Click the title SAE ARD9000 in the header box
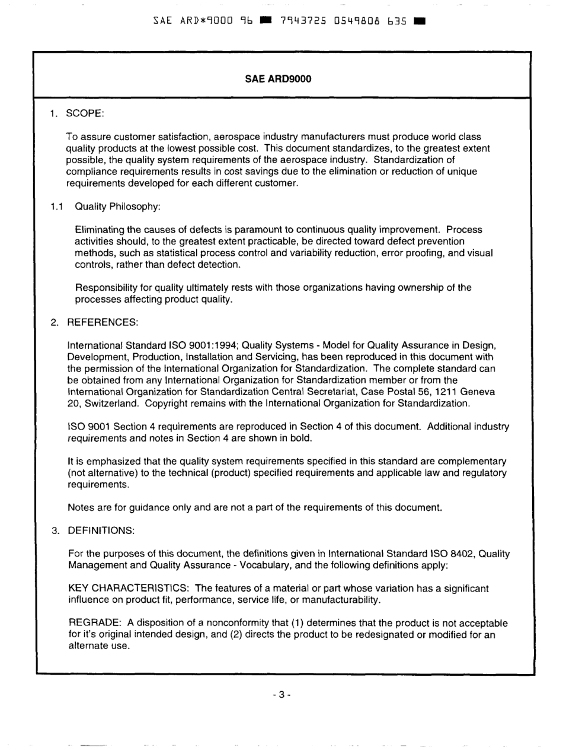(x=278, y=78)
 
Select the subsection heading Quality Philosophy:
(x=118, y=206)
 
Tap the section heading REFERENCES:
(x=103, y=322)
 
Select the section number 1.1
(x=57, y=206)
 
